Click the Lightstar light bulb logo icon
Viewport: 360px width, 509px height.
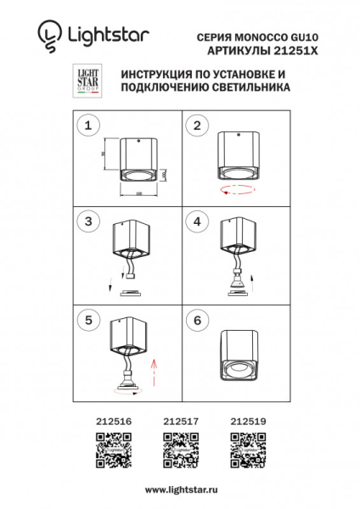coord(48,35)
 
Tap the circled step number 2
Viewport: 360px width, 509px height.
coord(197,126)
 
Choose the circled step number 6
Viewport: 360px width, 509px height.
coord(197,320)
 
